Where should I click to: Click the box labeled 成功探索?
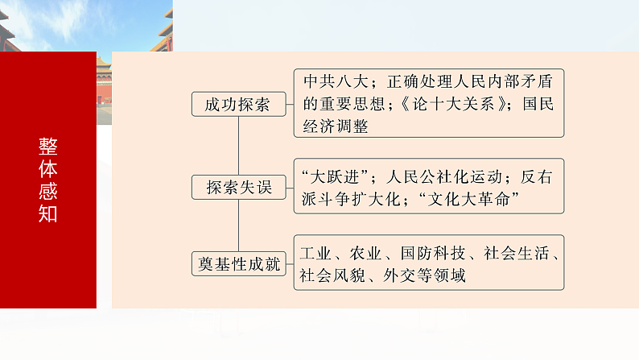[x=237, y=104]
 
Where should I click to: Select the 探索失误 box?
[x=239, y=188]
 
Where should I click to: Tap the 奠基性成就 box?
[x=240, y=263]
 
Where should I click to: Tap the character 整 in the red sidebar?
[x=48, y=147]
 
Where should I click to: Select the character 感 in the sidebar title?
[x=48, y=191]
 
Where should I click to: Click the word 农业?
[x=365, y=253]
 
